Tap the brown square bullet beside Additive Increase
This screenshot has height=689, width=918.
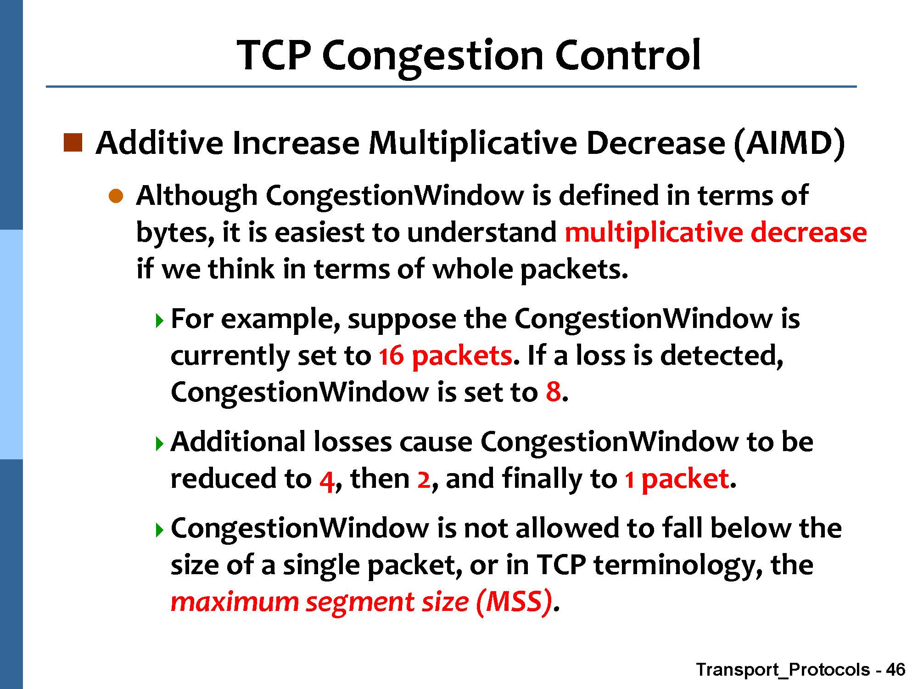tap(73, 143)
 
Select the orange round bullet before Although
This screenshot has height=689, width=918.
tap(116, 197)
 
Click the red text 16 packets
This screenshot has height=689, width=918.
tap(445, 356)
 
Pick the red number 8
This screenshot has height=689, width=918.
tap(553, 392)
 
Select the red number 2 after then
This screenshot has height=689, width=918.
tap(424, 479)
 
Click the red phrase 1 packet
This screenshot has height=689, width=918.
tap(677, 480)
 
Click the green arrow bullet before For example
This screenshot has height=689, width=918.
tap(159, 320)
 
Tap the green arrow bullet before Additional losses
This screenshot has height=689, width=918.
tap(159, 444)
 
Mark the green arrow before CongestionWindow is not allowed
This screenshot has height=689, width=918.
tap(159, 531)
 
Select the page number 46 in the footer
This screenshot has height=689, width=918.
tap(896, 669)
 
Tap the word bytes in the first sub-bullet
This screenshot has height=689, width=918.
tap(175, 233)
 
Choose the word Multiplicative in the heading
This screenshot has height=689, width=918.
tap(473, 144)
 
